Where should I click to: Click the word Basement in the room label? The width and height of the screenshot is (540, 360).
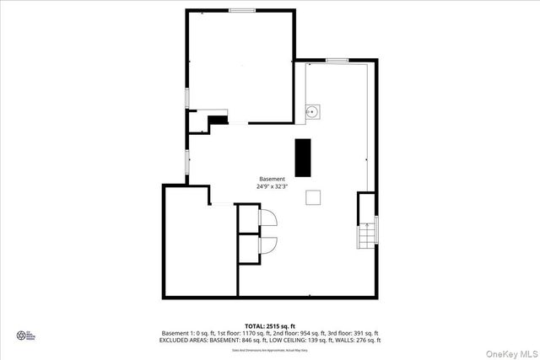pyautogui.click(x=272, y=179)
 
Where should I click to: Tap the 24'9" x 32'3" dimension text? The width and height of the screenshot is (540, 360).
pyautogui.click(x=272, y=186)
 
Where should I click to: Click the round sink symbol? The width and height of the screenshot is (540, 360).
pyautogui.click(x=312, y=110)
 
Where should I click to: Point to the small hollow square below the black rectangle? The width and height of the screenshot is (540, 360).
pyautogui.click(x=313, y=196)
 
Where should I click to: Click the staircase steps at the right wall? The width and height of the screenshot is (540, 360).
pyautogui.click(x=367, y=237)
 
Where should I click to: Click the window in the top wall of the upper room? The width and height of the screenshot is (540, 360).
pyautogui.click(x=242, y=10)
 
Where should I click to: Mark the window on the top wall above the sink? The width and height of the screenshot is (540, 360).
pyautogui.click(x=337, y=60)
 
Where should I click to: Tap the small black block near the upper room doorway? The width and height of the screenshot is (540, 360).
pyautogui.click(x=219, y=120)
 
